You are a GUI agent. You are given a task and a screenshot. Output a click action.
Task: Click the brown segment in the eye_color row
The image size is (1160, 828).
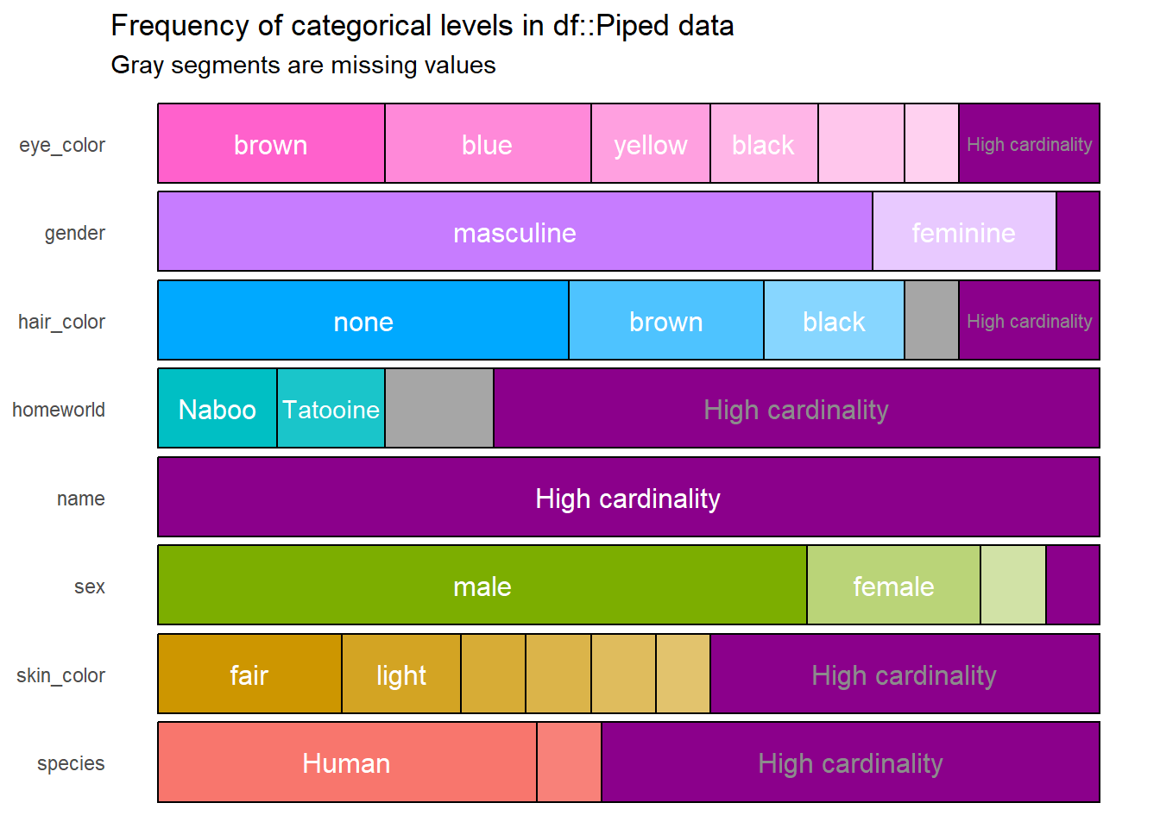[x=271, y=144]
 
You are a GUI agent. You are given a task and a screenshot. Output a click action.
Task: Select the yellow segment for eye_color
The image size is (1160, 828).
[x=651, y=144]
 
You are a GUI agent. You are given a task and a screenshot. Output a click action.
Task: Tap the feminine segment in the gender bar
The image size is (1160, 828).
[x=964, y=232]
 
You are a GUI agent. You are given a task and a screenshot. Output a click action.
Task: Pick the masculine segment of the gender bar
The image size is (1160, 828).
[x=514, y=232]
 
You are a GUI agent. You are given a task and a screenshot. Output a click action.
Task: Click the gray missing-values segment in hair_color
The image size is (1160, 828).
[x=931, y=321]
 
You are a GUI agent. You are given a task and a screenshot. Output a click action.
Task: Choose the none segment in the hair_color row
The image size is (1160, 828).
[x=363, y=321]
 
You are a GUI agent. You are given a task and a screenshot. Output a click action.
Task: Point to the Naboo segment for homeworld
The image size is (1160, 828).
[x=217, y=409]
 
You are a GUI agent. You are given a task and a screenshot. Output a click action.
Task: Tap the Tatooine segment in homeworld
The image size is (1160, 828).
[x=331, y=409]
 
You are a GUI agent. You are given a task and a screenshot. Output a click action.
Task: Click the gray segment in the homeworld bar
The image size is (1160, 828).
[x=439, y=409]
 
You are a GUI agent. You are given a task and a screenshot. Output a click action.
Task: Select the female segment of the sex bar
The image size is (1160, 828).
[x=893, y=586]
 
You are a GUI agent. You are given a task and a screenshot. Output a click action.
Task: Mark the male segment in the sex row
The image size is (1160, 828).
[x=482, y=586]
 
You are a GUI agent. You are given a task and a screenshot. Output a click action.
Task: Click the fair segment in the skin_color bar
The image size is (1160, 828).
[x=249, y=674]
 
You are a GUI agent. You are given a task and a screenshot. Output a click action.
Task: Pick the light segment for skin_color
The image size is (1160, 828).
[x=401, y=674]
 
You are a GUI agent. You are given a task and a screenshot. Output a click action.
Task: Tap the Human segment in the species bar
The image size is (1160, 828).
[x=347, y=762]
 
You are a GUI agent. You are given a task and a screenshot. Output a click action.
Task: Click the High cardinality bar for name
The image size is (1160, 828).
[x=628, y=498]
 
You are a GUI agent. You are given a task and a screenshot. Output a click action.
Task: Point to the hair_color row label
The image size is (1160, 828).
[x=61, y=322]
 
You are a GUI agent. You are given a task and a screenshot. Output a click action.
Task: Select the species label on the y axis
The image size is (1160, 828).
[x=71, y=763]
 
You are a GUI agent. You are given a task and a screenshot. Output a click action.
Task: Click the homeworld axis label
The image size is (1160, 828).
[x=59, y=410]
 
